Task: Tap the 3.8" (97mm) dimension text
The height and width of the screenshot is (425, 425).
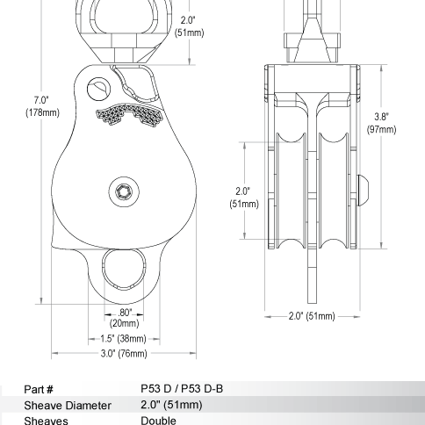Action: [x=383, y=123]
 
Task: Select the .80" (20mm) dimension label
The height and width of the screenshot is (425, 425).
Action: [x=123, y=318]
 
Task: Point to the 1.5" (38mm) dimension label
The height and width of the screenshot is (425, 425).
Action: [x=123, y=338]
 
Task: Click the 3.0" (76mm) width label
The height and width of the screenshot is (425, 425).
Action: [x=123, y=354]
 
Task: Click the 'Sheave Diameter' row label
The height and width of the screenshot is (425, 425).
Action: [x=67, y=405]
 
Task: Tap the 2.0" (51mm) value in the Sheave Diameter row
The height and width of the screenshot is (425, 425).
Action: [x=172, y=405]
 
